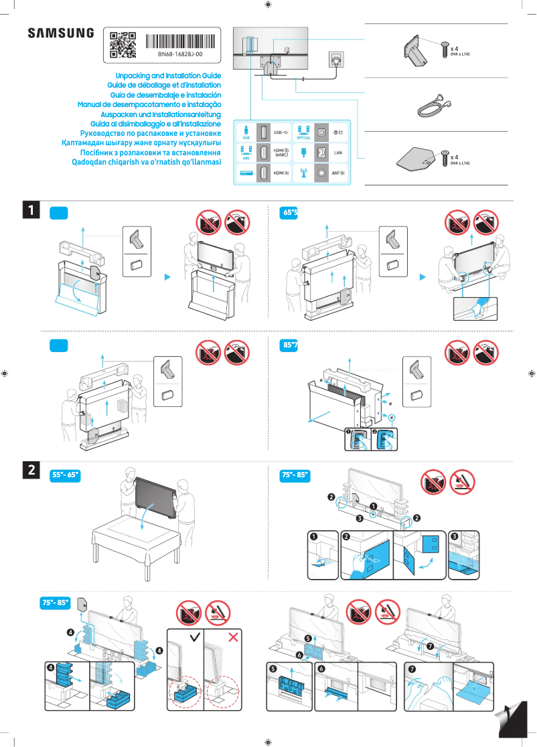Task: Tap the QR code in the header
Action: pyautogui.click(x=123, y=45)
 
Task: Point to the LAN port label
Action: pyautogui.click(x=338, y=153)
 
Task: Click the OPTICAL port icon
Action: pyautogui.click(x=303, y=132)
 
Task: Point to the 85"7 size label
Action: pyautogui.click(x=290, y=345)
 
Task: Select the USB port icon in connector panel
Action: pyautogui.click(x=246, y=132)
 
